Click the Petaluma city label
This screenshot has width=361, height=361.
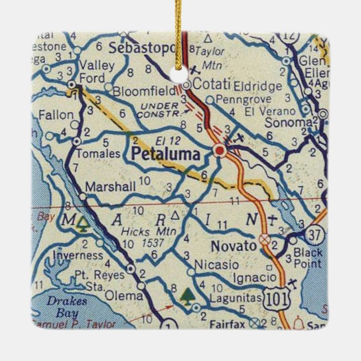point(165,154)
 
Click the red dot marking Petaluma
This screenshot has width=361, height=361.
point(219,151)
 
